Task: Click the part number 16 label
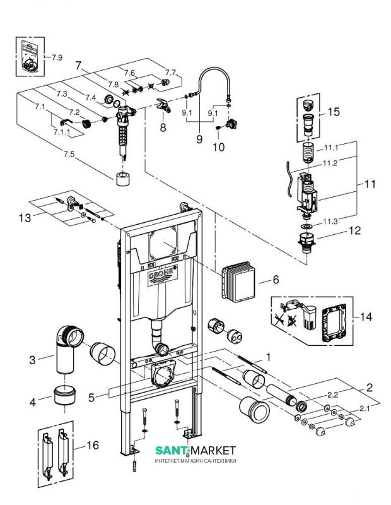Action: click(x=92, y=446)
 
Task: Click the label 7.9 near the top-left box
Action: click(x=56, y=57)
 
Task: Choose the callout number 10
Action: click(x=219, y=148)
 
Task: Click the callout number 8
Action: click(x=163, y=128)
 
